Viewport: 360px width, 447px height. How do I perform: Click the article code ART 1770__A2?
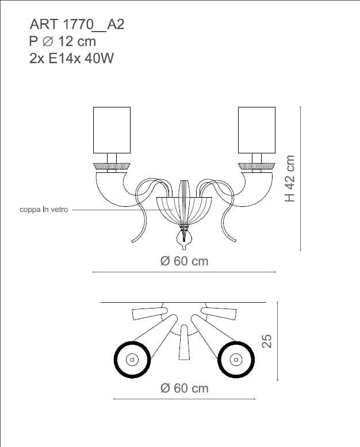pyautogui.click(x=77, y=25)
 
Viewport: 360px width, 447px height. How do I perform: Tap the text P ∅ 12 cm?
pyautogui.click(x=63, y=41)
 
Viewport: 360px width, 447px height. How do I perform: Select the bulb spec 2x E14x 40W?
pyautogui.click(x=72, y=59)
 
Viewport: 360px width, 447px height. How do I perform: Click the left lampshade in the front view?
pyautogui.click(x=112, y=130)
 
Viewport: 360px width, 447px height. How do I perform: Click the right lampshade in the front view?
pyautogui.click(x=256, y=130)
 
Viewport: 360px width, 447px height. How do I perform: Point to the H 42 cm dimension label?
pyautogui.click(x=290, y=179)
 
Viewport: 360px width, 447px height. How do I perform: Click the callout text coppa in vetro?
pyautogui.click(x=44, y=210)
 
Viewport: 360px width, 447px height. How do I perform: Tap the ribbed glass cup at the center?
pyautogui.click(x=184, y=210)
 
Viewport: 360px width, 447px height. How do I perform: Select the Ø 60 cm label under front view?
pyautogui.click(x=184, y=261)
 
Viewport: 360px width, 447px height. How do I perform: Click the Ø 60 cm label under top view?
pyautogui.click(x=184, y=388)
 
